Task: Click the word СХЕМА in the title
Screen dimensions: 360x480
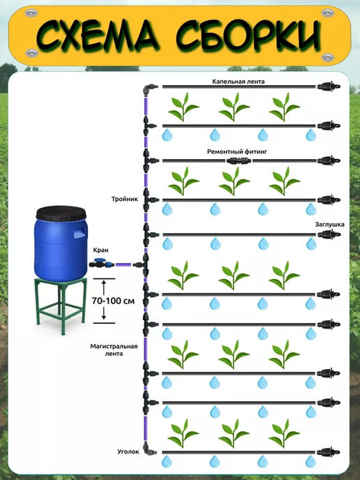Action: (x=98, y=36)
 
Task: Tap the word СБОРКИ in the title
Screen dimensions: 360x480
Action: (x=248, y=36)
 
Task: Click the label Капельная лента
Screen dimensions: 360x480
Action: (x=238, y=82)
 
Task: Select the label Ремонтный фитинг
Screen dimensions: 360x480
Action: (x=237, y=151)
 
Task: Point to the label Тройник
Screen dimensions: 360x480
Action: (x=125, y=200)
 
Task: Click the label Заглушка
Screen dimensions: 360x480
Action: (x=330, y=225)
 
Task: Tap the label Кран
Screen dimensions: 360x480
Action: (x=101, y=250)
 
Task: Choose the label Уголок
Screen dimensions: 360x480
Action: (x=128, y=451)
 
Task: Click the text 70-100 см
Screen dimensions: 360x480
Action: (x=113, y=301)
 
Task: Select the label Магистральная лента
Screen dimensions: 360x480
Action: (x=114, y=350)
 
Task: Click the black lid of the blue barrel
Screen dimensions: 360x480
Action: (x=61, y=213)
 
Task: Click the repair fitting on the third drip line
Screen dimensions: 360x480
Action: (x=239, y=160)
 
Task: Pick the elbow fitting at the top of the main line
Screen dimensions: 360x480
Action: (x=149, y=89)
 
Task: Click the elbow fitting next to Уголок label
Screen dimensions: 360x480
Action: (x=149, y=449)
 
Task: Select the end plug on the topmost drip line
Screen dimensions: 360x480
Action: (x=329, y=87)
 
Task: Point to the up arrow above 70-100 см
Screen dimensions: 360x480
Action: (x=104, y=287)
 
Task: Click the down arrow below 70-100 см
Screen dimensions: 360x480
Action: (x=104, y=313)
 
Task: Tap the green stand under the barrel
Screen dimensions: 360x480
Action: (x=61, y=306)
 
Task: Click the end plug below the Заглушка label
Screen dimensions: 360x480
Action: (x=329, y=235)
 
